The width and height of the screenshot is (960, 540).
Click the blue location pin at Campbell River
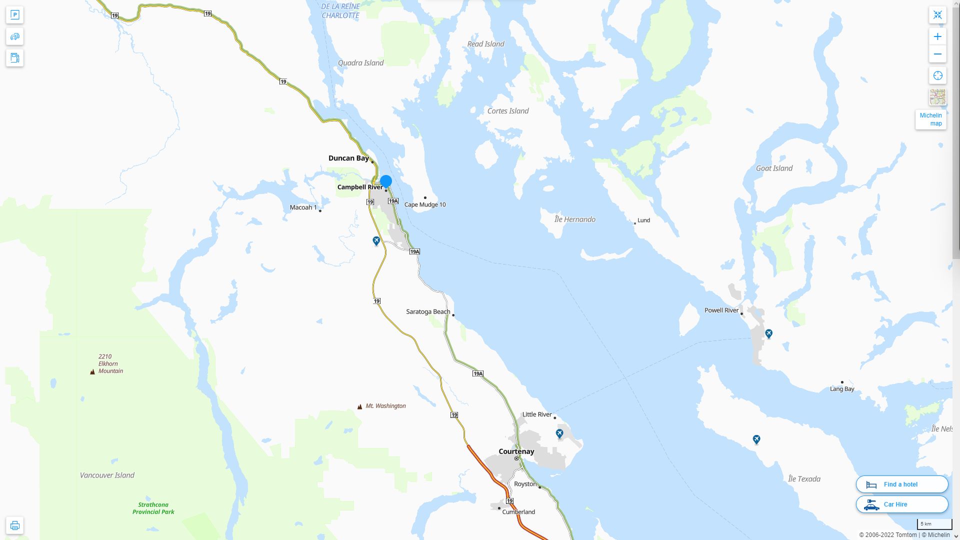pyautogui.click(x=385, y=181)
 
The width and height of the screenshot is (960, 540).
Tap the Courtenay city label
pyautogui.click(x=516, y=451)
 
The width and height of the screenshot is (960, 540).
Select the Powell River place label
pyautogui.click(x=721, y=310)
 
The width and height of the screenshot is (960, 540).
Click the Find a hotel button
pyautogui.click(x=901, y=484)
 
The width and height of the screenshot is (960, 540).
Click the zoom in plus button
pyautogui.click(x=937, y=36)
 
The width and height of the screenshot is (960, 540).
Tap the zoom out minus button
pyautogui.click(x=937, y=54)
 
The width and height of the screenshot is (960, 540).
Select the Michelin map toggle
pyautogui.click(x=930, y=119)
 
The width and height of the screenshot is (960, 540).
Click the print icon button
pyautogui.click(x=14, y=525)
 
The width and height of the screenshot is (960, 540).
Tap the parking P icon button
pyautogui.click(x=14, y=15)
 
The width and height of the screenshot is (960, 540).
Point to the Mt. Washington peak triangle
pyautogui.click(x=359, y=406)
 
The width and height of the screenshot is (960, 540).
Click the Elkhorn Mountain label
pyautogui.click(x=110, y=364)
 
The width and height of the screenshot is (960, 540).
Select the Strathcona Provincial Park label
pyautogui.click(x=153, y=508)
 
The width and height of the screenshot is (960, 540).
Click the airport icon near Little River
pyautogui.click(x=559, y=433)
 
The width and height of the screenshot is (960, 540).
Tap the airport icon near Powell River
pyautogui.click(x=768, y=333)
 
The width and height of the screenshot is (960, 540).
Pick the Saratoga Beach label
pyautogui.click(x=428, y=311)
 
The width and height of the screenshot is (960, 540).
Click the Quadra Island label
pyautogui.click(x=360, y=63)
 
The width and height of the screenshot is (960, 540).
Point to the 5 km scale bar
pyautogui.click(x=934, y=524)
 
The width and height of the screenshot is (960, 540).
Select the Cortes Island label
pyautogui.click(x=507, y=111)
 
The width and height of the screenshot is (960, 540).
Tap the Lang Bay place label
pyautogui.click(x=842, y=389)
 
